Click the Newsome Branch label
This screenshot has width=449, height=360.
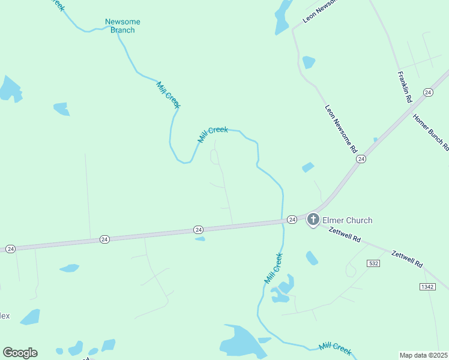122,26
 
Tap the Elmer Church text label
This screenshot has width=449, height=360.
347,220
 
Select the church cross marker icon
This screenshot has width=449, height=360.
313,220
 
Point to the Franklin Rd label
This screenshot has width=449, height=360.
404,87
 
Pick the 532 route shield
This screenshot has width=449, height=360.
374,263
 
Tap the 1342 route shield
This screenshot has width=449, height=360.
427,287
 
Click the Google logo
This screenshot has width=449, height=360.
20,353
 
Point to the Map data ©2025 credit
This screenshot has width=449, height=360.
423,355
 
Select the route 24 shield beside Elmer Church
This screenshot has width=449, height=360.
291,220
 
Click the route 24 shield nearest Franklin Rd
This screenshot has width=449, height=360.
427,92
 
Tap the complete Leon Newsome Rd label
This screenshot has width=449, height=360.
341,129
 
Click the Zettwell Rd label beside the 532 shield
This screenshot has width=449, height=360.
407,259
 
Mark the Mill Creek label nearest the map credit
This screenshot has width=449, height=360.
335,347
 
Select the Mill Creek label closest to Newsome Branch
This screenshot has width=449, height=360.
169,95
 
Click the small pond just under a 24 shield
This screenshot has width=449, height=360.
200,239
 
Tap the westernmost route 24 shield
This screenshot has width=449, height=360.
10,248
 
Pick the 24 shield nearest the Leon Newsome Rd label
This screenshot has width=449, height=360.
360,159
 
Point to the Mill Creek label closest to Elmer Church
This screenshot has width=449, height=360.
273,268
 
